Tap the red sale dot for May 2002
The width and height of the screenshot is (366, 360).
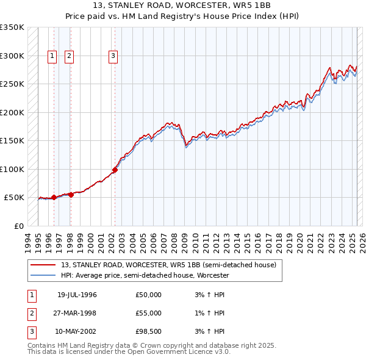click(x=115, y=170)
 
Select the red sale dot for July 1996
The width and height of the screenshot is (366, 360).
click(x=54, y=197)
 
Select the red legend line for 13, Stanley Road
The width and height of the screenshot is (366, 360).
click(x=43, y=265)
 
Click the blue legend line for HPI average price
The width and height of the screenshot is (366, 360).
click(x=43, y=275)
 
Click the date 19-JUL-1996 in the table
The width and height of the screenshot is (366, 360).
click(x=77, y=295)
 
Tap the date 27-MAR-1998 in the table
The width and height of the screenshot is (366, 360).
click(x=76, y=313)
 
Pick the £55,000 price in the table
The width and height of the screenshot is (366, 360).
click(x=149, y=313)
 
